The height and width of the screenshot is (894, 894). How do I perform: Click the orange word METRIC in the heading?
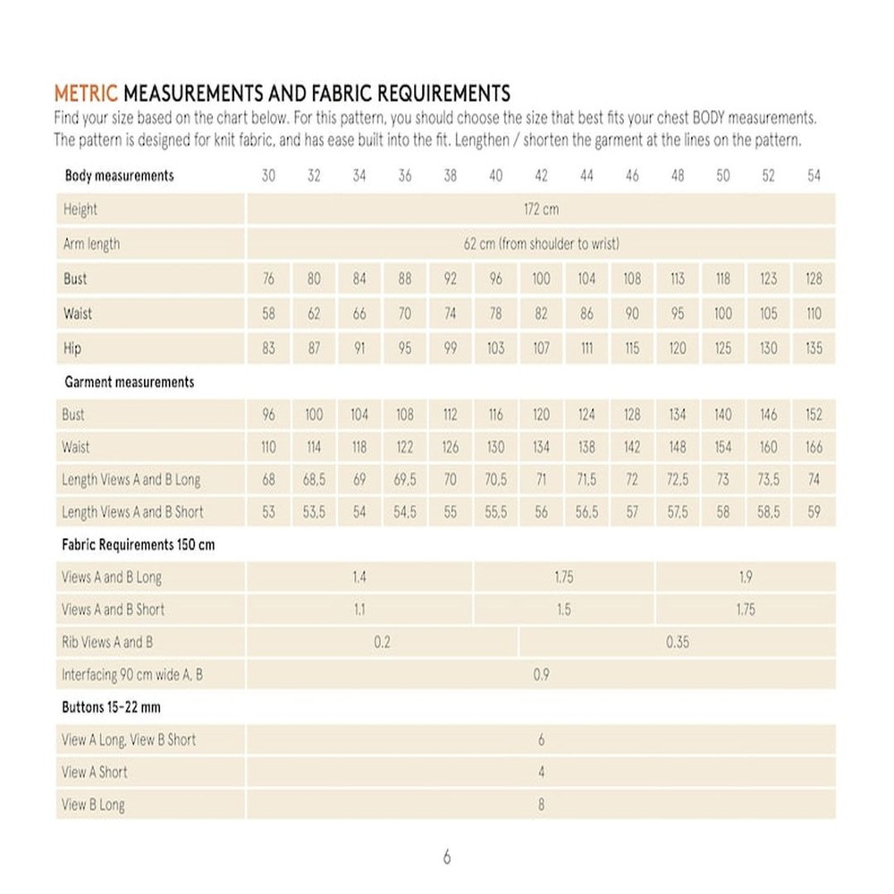(x=86, y=93)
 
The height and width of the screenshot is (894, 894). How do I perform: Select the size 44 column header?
(x=586, y=176)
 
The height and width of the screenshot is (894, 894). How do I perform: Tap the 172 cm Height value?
(x=541, y=210)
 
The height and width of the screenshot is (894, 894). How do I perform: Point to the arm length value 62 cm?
(x=541, y=244)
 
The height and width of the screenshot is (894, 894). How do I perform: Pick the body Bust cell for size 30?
(x=268, y=279)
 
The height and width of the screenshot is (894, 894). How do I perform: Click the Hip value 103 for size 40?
(x=495, y=348)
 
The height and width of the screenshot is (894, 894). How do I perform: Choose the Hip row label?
(x=72, y=348)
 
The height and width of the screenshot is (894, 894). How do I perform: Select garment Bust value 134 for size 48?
(x=678, y=415)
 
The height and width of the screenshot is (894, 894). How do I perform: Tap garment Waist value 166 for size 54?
(x=814, y=447)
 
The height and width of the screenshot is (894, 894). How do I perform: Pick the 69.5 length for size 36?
(x=405, y=480)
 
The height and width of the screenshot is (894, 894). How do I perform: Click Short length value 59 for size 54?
(x=814, y=512)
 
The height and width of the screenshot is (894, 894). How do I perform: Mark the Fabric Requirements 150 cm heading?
(x=138, y=544)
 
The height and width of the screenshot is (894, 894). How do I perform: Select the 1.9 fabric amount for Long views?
(x=746, y=578)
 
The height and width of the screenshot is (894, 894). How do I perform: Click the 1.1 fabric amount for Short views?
(x=358, y=610)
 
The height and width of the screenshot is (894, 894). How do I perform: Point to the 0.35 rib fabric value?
(x=677, y=642)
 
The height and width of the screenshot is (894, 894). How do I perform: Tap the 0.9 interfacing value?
(x=541, y=675)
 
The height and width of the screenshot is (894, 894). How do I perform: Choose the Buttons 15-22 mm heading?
(x=111, y=707)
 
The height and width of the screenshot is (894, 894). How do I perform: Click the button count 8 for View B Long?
(x=541, y=805)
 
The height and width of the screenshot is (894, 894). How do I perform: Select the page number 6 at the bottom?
(x=447, y=857)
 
